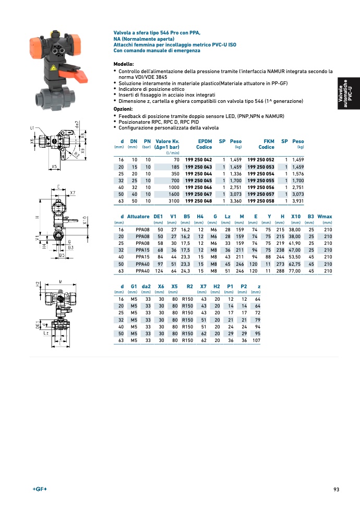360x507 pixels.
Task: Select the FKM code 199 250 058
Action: click(261, 200)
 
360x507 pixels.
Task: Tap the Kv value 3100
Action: click(173, 200)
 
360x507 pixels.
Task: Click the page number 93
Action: click(337, 489)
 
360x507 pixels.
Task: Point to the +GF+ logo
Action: click(40, 489)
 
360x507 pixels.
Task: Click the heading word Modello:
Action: click(124, 64)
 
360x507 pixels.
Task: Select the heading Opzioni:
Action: click(123, 109)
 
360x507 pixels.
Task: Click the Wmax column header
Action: click(325, 216)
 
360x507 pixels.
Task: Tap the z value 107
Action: click(256, 340)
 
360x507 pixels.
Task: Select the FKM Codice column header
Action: click(266, 144)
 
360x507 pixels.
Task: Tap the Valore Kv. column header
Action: click(167, 144)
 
